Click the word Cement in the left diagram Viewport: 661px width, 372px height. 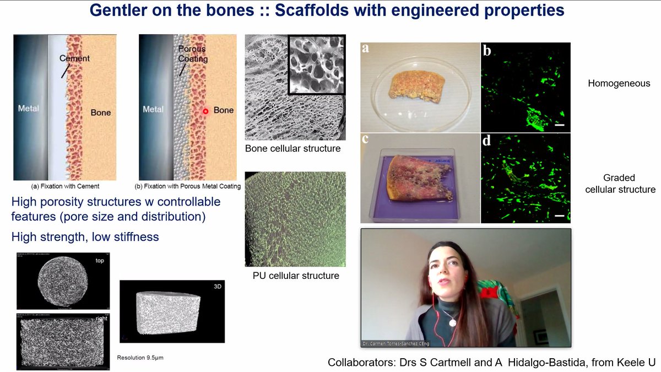point(75,58)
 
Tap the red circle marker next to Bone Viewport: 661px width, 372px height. point(205,111)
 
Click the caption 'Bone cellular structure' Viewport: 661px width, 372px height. point(292,149)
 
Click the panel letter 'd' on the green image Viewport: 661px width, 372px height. point(487,141)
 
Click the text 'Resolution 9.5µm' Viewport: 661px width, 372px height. point(140,358)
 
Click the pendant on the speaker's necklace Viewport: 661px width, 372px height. point(452,321)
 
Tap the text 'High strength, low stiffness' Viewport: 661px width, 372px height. point(85,237)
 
